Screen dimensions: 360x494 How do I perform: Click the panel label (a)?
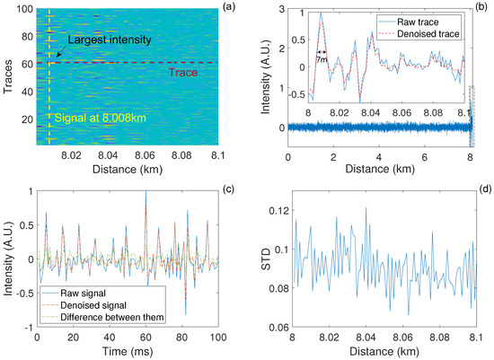230,9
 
